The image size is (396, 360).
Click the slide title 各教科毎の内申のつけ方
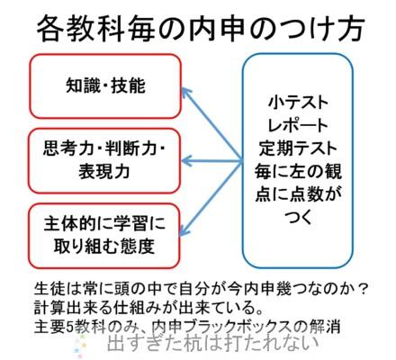pos(201,30)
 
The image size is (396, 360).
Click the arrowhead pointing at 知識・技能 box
pos(185,92)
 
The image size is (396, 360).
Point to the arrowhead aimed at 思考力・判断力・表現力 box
pos(186,161)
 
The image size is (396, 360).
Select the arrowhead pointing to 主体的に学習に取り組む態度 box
pos(184,230)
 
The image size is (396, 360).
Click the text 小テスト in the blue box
pos(298,103)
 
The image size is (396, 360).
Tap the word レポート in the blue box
pos(297,125)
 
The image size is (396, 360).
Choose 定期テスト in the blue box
pos(298,148)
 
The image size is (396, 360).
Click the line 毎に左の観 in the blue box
pos(298,172)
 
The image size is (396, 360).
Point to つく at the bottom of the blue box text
pos(298,217)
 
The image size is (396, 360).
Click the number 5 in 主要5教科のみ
pos(69,327)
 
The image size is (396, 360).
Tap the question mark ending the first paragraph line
pos(362,289)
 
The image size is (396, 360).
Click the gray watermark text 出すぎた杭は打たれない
pos(212,344)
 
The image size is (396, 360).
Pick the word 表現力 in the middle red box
pos(104,172)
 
